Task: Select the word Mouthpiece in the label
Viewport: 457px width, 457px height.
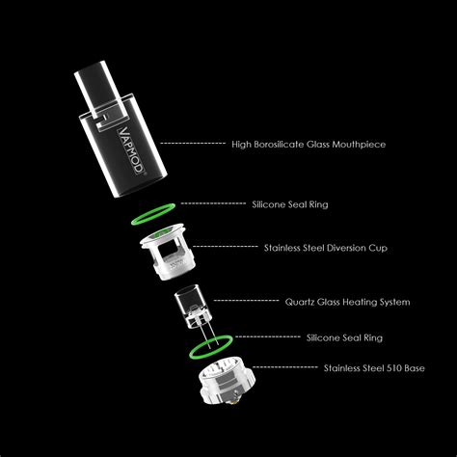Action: pos(362,145)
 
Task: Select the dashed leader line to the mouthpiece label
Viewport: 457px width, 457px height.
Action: pos(192,144)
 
